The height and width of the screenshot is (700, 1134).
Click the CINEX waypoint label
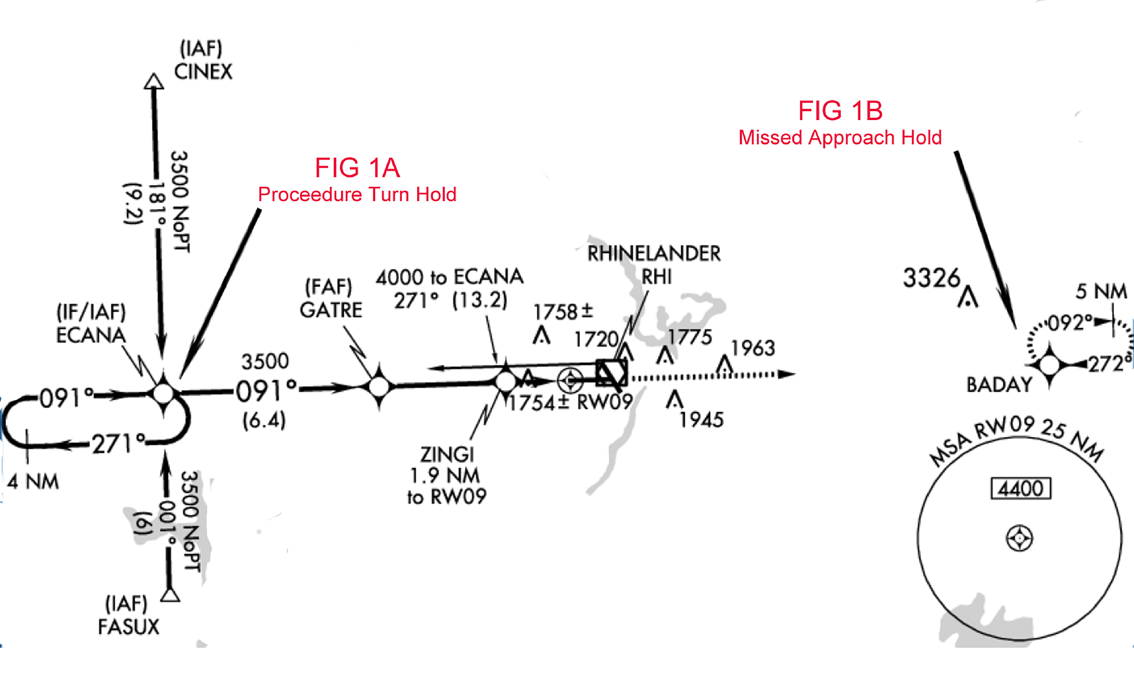click(x=203, y=72)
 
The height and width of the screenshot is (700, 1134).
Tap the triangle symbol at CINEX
click(x=154, y=81)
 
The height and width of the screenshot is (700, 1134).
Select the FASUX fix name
click(x=129, y=627)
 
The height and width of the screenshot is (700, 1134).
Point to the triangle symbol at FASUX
click(x=170, y=594)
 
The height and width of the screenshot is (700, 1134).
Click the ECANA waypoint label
click(x=90, y=335)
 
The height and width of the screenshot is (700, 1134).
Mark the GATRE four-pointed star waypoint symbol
click(x=379, y=387)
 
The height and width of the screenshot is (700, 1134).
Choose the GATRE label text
click(x=331, y=310)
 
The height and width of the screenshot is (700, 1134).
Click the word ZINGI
click(x=447, y=454)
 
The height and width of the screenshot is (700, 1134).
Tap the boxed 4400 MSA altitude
click(x=1021, y=489)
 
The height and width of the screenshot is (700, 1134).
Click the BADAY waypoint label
click(x=999, y=385)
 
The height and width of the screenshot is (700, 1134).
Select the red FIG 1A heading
click(x=358, y=168)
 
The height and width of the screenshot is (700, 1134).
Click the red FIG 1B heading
click(x=840, y=111)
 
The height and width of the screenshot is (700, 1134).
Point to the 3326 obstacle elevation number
click(x=932, y=278)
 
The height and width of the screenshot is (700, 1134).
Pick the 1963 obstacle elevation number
click(x=753, y=348)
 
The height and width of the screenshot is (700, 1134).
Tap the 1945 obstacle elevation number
click(x=701, y=420)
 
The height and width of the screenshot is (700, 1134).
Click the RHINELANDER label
click(x=654, y=254)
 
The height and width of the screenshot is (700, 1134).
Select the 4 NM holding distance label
click(x=33, y=482)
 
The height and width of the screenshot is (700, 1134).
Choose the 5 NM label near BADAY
click(x=1101, y=291)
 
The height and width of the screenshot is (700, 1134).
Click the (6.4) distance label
click(x=264, y=420)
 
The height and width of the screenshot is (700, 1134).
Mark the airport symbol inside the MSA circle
click(x=1019, y=539)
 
